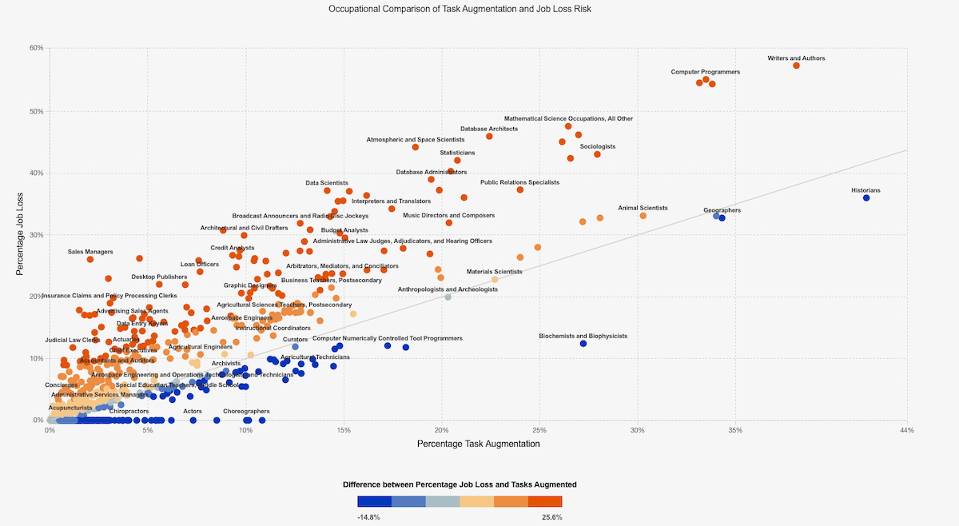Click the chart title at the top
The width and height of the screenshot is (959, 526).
pyautogui.click(x=460, y=9)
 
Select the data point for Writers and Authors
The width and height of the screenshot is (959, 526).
pyautogui.click(x=796, y=66)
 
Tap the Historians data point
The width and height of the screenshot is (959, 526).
pyautogui.click(x=865, y=198)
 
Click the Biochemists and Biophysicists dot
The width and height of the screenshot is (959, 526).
pyautogui.click(x=583, y=344)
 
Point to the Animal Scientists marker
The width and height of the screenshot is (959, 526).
pyautogui.click(x=643, y=216)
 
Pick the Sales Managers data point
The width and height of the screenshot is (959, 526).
pyautogui.click(x=90, y=259)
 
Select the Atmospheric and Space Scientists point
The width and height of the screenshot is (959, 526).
pyautogui.click(x=416, y=147)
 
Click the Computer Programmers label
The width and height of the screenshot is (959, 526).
pyautogui.click(x=705, y=72)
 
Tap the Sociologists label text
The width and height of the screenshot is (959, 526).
pyautogui.click(x=598, y=146)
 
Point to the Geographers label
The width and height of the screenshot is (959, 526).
pyautogui.click(x=722, y=210)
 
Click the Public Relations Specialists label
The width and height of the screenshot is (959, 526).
pyautogui.click(x=519, y=182)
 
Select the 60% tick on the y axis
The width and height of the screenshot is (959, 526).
pyautogui.click(x=37, y=48)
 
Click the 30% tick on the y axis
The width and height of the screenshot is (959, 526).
pyautogui.click(x=37, y=234)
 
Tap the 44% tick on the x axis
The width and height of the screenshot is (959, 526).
pyautogui.click(x=906, y=430)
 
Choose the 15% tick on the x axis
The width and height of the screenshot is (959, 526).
pyautogui.click(x=344, y=430)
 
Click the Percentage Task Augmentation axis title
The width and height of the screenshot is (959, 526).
pyautogui.click(x=478, y=444)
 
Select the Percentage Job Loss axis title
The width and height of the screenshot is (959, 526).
pyautogui.click(x=21, y=233)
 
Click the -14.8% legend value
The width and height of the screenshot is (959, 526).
pyautogui.click(x=368, y=517)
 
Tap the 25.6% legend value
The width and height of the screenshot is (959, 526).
pyautogui.click(x=552, y=517)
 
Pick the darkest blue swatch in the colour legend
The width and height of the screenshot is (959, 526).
pyautogui.click(x=375, y=501)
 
